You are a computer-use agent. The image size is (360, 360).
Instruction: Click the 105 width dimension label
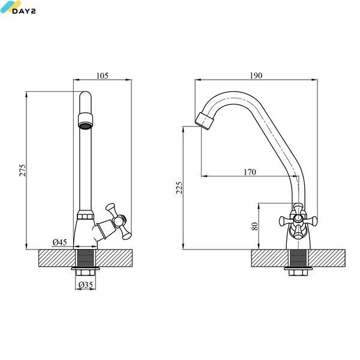(102, 76)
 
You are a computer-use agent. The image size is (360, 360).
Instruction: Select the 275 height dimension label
(23, 170)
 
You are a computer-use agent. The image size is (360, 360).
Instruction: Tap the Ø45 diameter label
(59, 242)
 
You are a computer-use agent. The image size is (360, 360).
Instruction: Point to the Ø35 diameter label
(86, 285)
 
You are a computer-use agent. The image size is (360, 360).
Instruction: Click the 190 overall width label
(256, 76)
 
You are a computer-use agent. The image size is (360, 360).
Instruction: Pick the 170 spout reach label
(250, 172)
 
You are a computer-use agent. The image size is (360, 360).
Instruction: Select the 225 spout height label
(179, 188)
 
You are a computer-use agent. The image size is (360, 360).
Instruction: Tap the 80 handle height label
(254, 226)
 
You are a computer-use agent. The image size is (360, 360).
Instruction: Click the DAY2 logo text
(24, 11)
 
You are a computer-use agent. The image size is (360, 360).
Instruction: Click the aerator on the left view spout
(85, 121)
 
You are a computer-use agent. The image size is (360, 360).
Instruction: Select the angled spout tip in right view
(205, 121)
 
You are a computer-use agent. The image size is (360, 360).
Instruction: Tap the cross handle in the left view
(118, 221)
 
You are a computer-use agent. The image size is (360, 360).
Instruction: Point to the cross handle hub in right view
(298, 218)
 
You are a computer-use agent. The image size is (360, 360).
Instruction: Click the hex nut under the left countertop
(85, 273)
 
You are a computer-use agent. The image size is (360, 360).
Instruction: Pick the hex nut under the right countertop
(298, 273)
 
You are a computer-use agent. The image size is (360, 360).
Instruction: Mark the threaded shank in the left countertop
(85, 258)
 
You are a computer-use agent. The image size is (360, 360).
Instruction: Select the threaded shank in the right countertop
(298, 258)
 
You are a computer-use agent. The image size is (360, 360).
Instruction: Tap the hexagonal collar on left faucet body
(85, 217)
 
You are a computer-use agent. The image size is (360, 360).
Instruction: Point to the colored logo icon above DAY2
(10, 6)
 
